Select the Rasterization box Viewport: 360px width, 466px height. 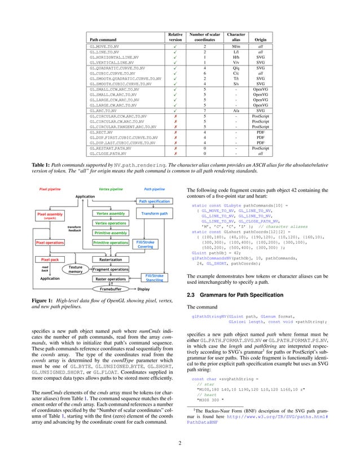tap(111, 259)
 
